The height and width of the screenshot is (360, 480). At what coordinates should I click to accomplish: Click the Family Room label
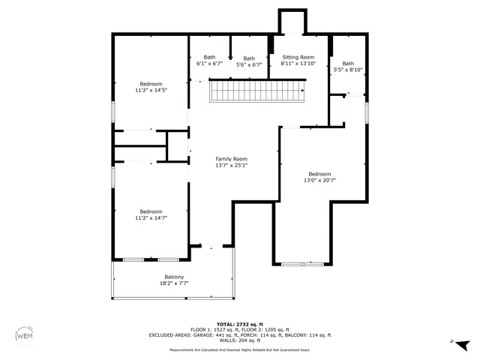point(231,159)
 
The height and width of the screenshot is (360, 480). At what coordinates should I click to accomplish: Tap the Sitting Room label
point(298,57)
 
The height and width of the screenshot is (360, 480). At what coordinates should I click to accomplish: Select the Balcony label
point(174,277)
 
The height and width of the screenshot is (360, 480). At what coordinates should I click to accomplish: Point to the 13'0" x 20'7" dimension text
point(319,181)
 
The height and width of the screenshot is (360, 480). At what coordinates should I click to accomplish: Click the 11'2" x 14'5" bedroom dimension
point(151,91)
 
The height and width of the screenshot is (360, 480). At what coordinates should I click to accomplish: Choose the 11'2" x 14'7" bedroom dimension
point(151,218)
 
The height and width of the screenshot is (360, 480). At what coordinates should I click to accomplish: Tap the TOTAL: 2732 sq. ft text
point(239,324)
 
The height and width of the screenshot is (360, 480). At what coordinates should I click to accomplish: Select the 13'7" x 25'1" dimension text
point(231,166)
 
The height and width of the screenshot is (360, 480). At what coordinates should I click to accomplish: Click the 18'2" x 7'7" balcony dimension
point(174,284)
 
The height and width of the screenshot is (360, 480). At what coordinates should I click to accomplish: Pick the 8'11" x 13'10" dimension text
point(298,64)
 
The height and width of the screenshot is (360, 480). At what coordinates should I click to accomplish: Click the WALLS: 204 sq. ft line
point(239,340)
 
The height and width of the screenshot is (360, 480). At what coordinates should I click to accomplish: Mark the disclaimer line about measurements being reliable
point(239,349)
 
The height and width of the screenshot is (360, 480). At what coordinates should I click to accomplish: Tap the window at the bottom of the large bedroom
point(304,263)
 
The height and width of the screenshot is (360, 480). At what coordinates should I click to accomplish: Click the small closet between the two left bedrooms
point(178,146)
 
